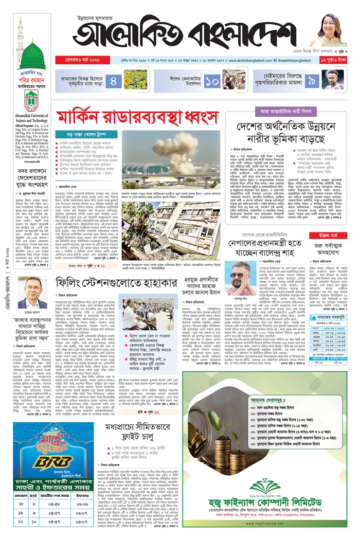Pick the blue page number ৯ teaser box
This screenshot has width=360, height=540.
click(x=312, y=80)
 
